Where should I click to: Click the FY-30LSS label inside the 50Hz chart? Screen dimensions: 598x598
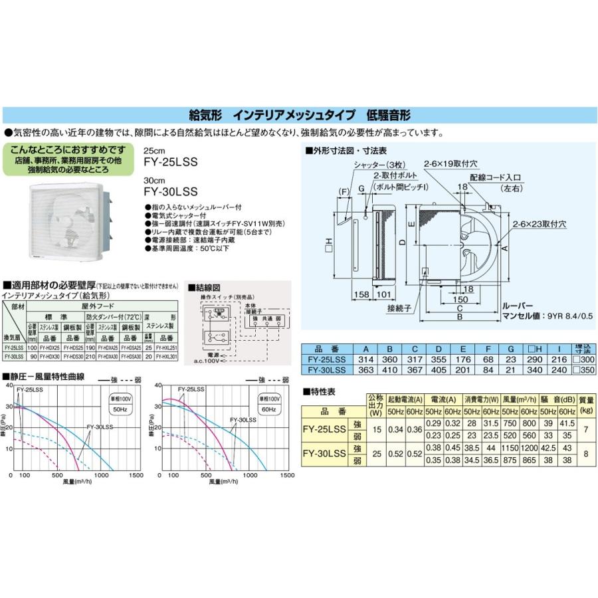(100, 426)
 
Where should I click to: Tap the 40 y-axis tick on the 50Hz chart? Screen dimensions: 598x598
(8, 385)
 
